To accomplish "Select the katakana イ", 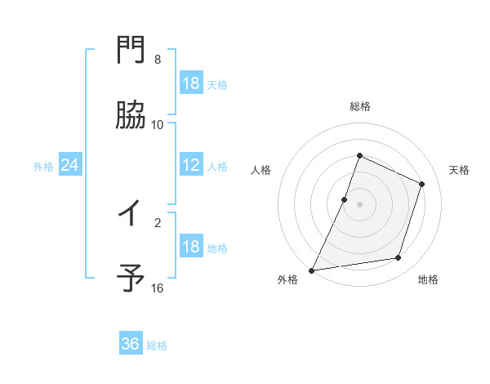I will click(131, 214).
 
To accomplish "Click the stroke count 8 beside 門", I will click(158, 60).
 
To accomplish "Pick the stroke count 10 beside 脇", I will click(158, 125).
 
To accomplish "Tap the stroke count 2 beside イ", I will click(158, 221).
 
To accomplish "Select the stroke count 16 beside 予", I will click(158, 288).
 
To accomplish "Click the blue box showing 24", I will click(69, 166).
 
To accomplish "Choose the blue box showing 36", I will click(131, 344).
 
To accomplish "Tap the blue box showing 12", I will click(191, 166).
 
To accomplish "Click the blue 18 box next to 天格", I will click(191, 83).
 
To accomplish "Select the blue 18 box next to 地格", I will click(191, 248).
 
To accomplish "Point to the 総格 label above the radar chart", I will click(359, 106).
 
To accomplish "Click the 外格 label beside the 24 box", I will click(43, 167).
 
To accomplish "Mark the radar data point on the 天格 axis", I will click(422, 184).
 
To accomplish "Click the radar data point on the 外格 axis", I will click(312, 270).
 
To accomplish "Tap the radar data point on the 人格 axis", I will click(345, 199).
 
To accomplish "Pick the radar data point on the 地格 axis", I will click(399, 258).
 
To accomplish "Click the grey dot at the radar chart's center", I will click(359, 204).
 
